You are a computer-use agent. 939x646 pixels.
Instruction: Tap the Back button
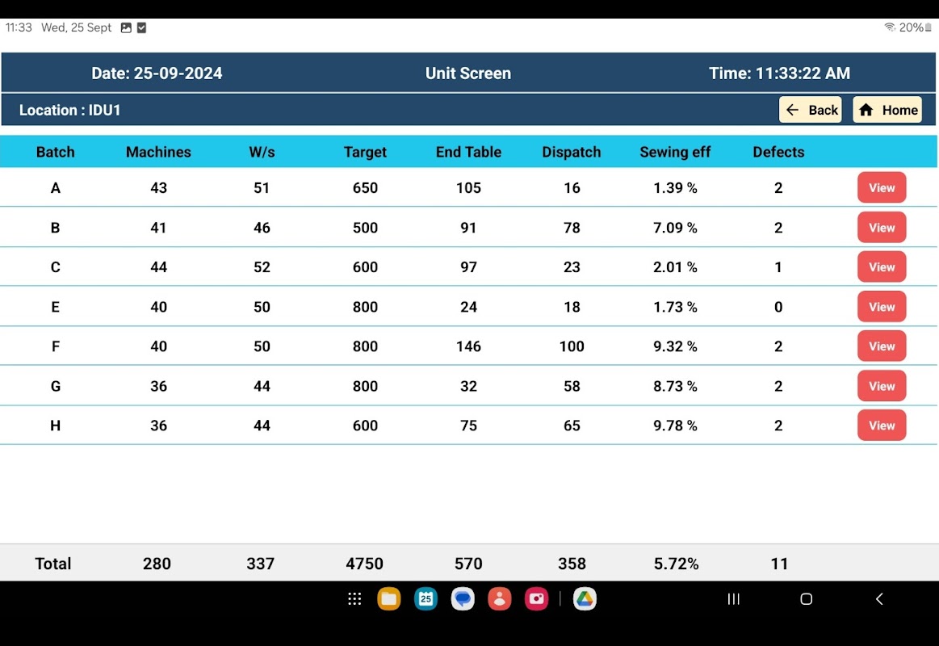(x=811, y=110)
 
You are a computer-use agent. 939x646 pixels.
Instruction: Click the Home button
(x=887, y=110)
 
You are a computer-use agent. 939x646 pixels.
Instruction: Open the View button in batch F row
(x=882, y=346)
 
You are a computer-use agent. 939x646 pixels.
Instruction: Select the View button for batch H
(x=882, y=426)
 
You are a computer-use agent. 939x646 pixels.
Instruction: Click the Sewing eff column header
(x=675, y=152)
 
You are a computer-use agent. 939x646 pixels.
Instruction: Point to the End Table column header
(x=468, y=152)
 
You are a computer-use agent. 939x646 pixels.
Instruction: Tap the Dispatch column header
(x=572, y=152)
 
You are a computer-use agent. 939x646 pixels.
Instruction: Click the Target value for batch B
(x=365, y=228)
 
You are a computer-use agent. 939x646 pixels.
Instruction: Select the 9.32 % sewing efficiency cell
(x=675, y=346)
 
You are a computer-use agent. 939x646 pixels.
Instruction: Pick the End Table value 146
(x=468, y=346)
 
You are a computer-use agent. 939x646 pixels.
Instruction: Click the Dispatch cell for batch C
(x=572, y=267)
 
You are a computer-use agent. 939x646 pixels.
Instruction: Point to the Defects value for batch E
(x=778, y=307)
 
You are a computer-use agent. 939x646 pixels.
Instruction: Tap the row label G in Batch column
(x=55, y=386)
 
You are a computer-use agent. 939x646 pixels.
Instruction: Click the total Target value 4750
(x=364, y=564)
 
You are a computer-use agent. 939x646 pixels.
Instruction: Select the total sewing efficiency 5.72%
(x=676, y=564)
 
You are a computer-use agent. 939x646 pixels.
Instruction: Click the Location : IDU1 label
(x=70, y=110)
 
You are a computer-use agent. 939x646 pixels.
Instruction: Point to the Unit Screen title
(x=468, y=73)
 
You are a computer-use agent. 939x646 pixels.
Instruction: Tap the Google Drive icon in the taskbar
(x=585, y=598)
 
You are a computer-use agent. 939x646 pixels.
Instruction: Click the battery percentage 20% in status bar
(x=911, y=27)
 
